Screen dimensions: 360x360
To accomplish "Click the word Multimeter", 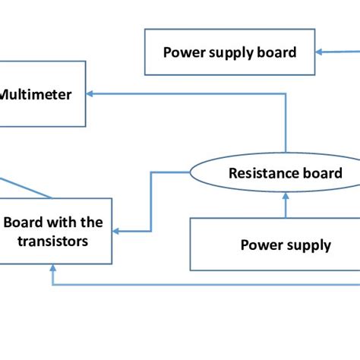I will pos(36,95).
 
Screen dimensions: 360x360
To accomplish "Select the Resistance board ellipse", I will pos(285,173).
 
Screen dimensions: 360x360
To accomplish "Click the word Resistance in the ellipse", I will pos(258,173).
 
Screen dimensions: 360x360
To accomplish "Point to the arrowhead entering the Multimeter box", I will pos(91,94).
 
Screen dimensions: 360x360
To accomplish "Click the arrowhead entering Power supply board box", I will pos(321,52).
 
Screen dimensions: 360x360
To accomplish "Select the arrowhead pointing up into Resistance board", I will pos(285,196).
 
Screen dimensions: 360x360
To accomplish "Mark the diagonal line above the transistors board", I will pos(27,188).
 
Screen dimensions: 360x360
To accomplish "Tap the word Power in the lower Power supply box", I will pos(259,245).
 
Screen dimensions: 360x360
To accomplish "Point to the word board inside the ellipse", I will pos(324,173).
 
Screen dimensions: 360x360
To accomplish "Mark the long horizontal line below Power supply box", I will pos(205,285).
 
